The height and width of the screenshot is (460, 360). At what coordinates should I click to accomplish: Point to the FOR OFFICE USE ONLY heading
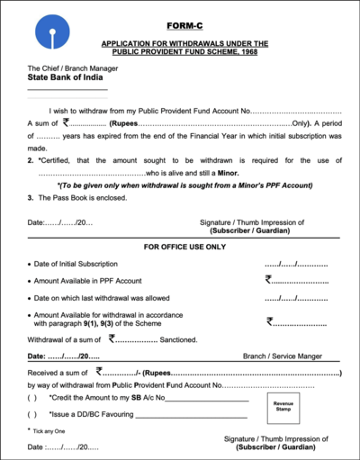(x=184, y=246)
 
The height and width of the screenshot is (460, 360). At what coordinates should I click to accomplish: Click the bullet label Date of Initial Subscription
(x=76, y=264)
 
